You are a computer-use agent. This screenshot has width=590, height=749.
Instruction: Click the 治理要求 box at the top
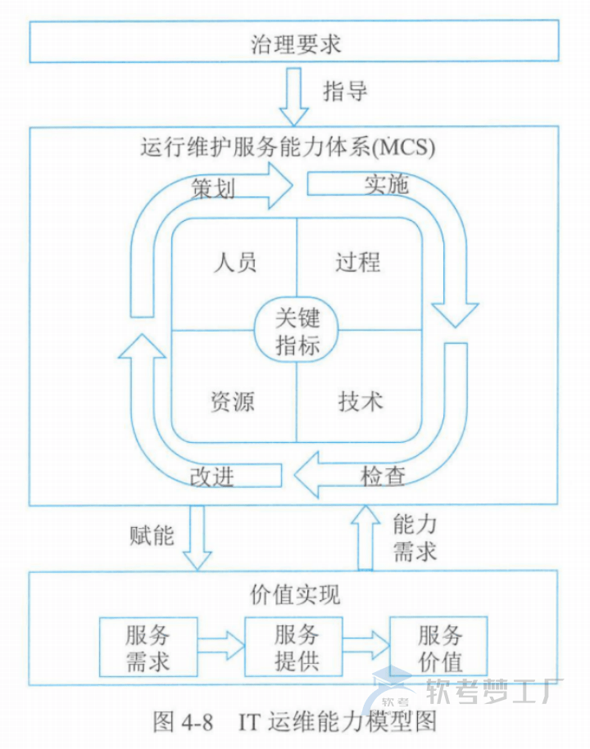pos(294,43)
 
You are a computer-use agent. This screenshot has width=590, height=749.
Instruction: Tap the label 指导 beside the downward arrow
pos(345,91)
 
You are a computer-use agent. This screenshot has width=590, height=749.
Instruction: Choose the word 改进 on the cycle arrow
pos(212,476)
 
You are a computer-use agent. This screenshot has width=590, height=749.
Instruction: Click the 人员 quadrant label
pos(235,262)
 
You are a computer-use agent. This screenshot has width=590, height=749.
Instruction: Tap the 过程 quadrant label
pos(358,262)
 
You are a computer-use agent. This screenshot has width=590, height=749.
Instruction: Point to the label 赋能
pos(152,535)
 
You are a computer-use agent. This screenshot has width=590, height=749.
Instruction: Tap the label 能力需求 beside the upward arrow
pos(415,537)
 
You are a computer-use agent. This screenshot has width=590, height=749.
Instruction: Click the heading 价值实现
pos(294,593)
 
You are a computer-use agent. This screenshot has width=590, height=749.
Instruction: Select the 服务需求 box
pos(147,648)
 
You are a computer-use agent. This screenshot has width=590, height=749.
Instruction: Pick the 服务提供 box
pos(296,647)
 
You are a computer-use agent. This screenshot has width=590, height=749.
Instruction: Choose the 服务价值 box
pos(439,647)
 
